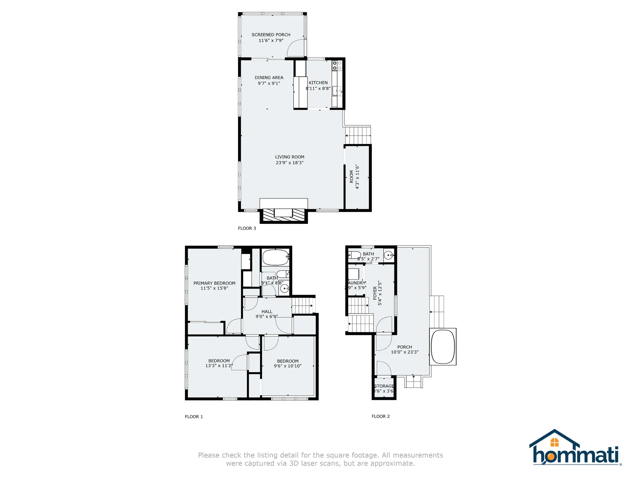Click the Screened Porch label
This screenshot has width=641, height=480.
[x=271, y=35]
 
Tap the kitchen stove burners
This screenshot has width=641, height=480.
[x=337, y=66]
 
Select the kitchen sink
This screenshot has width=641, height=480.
[x=337, y=90]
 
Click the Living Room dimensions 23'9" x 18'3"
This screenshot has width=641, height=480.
[x=289, y=163]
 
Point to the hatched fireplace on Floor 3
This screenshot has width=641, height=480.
[x=283, y=215]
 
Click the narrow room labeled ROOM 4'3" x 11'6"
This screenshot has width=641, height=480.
[x=357, y=177]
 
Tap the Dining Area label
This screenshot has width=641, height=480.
[x=269, y=78]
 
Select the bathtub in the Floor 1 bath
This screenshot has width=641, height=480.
[x=275, y=258]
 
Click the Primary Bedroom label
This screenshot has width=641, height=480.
[x=214, y=283]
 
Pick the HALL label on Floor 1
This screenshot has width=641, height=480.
[x=267, y=312]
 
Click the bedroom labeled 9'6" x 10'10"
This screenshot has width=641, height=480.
[x=287, y=364]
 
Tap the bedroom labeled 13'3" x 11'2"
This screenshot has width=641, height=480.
[x=219, y=363]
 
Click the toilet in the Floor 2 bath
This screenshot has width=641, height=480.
[x=355, y=255]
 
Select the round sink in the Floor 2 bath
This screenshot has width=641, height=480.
[x=388, y=255]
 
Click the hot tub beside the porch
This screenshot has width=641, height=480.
[x=443, y=347]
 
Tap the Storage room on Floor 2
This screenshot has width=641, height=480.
[x=384, y=389]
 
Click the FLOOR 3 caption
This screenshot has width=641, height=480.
[x=247, y=228]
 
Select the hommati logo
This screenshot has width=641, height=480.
[x=575, y=448]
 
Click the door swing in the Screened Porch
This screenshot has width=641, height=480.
[x=296, y=48]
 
